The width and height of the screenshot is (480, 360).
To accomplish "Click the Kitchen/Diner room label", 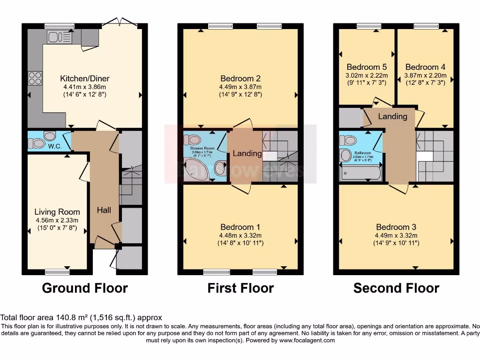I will [x=84, y=78].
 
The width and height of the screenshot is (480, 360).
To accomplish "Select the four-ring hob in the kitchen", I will [x=35, y=78].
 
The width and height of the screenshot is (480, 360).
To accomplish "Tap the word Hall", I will [x=104, y=210].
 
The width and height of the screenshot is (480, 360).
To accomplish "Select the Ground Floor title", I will [x=85, y=287].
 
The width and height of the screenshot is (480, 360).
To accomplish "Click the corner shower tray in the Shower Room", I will [x=195, y=170].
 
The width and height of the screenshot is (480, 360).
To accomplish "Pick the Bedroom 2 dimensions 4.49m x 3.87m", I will [x=240, y=87].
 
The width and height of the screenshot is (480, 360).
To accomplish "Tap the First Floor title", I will [x=240, y=287].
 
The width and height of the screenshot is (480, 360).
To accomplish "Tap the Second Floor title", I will [x=396, y=287].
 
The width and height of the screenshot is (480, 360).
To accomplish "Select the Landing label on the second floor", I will [x=393, y=116].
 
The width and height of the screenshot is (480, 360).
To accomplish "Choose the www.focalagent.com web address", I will [x=307, y=340].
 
